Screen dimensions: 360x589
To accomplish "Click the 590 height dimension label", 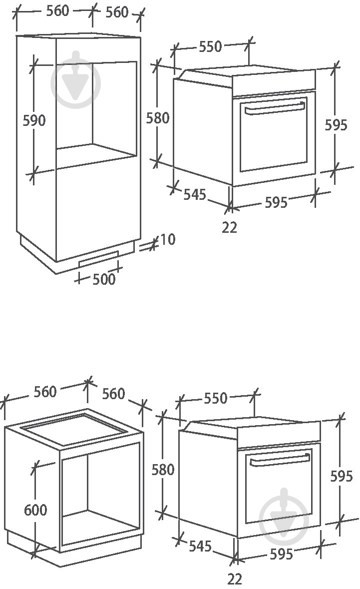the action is [34, 120].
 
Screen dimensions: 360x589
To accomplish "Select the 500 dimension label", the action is [104, 279].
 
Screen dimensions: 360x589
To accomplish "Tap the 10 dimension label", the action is [167, 239].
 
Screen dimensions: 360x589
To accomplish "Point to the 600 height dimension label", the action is [35, 510].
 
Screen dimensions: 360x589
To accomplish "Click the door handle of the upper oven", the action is [275, 108].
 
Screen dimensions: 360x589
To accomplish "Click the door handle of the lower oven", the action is [280, 460].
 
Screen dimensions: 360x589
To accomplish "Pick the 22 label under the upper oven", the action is [229, 227].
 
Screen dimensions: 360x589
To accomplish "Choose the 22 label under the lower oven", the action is [235, 579].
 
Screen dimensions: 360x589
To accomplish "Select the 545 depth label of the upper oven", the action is [195, 194].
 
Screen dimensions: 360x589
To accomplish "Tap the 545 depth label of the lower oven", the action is [200, 546].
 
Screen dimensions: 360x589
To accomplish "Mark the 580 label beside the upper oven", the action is [158, 118].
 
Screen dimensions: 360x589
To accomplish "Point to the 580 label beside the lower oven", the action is [163, 470].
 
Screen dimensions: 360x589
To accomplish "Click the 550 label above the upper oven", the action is [210, 46].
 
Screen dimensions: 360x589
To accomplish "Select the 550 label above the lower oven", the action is [216, 398].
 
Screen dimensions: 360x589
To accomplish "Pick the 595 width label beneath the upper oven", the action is [276, 202].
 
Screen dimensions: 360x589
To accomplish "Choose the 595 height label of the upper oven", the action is [336, 125].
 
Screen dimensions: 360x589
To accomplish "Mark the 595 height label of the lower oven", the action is [342, 476].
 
